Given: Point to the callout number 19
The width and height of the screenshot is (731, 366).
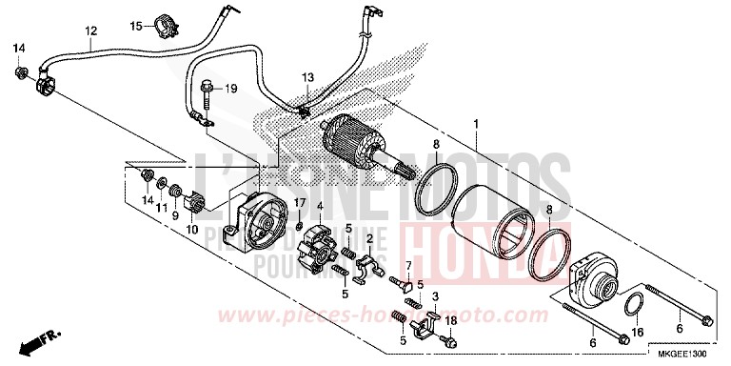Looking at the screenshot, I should [229, 89].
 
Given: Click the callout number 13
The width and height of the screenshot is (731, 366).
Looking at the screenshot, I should [307, 76].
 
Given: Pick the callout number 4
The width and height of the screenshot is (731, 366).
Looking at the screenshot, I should [321, 205].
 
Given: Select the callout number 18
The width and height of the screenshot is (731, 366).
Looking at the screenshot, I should [451, 321].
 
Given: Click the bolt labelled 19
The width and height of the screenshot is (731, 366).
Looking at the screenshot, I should [207, 91].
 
